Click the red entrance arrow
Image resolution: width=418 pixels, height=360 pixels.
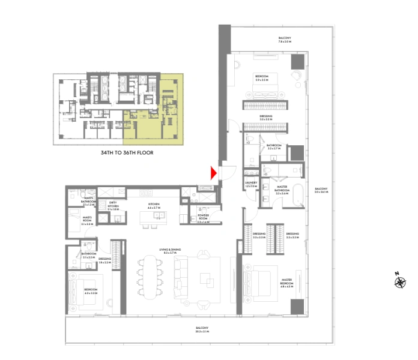pyautogui.click(x=213, y=173)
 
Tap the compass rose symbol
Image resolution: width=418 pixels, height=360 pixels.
pyautogui.click(x=398, y=280)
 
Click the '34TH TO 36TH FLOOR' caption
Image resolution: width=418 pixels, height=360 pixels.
pyautogui.click(x=127, y=153)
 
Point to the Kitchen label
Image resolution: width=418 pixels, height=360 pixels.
pyautogui.click(x=155, y=205)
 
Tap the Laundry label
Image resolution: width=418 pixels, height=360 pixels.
pyautogui.click(x=250, y=184)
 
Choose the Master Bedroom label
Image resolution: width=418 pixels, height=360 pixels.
pyautogui.click(x=291, y=281)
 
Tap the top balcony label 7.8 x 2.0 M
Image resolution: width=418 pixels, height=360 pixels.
pyautogui.click(x=284, y=40)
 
